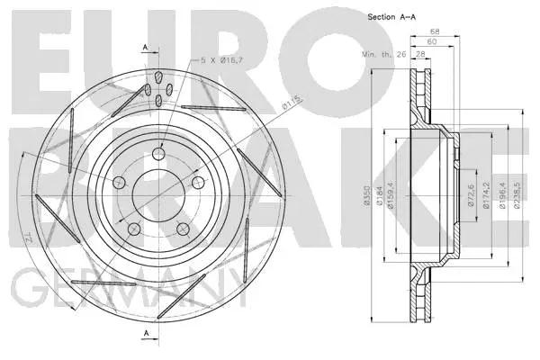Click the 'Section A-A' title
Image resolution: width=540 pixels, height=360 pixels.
click(x=392, y=17)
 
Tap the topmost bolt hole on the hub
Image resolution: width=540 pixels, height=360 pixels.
click(x=158, y=154)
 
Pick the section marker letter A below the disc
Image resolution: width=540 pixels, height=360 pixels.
click(x=144, y=335)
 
